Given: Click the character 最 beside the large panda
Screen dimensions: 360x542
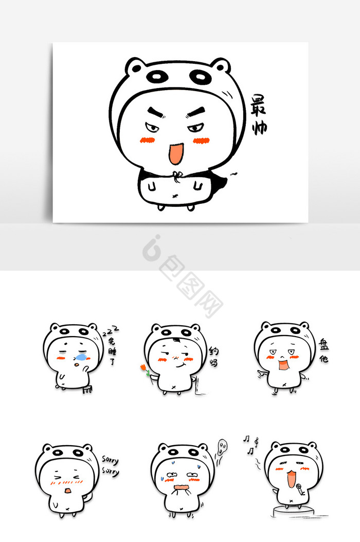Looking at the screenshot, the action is [x=258, y=104].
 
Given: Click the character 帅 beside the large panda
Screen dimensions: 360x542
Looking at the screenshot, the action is [x=259, y=127].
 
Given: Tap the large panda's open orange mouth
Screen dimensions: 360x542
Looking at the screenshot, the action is [x=175, y=153].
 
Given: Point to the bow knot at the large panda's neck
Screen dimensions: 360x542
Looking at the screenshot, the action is [x=177, y=176].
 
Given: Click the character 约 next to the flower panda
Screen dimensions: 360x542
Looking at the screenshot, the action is [x=214, y=352].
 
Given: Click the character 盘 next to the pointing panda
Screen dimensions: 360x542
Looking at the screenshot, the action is [x=323, y=345].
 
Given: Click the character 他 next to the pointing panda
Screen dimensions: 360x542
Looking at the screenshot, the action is [x=323, y=358].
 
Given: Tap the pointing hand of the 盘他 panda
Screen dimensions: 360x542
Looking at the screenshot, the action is [x=262, y=374].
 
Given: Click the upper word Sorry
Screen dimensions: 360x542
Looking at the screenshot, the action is [x=110, y=460].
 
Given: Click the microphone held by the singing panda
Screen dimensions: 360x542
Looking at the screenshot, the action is [x=300, y=489].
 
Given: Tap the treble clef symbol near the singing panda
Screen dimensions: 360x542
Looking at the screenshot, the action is [x=256, y=442].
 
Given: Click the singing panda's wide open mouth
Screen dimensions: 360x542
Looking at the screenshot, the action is [x=292, y=479].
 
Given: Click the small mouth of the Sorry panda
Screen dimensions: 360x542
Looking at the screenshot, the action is [x=68, y=490].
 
